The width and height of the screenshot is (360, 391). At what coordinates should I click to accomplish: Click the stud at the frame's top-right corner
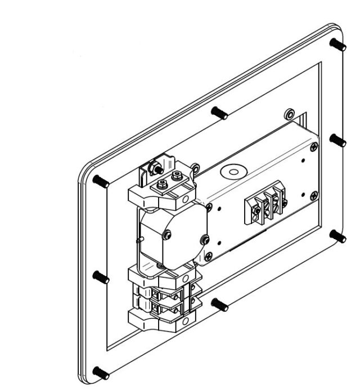point(338,44)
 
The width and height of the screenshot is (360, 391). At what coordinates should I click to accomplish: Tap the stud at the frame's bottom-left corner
point(101,372)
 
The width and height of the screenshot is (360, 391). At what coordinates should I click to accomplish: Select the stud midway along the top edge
point(220,113)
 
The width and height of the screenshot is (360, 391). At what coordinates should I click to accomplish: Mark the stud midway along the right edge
point(338,140)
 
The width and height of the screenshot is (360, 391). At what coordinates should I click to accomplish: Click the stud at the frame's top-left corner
point(101,181)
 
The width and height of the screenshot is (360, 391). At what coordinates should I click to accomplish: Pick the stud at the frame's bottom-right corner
point(339,236)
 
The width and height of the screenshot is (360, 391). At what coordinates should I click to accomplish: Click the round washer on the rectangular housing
point(231,170)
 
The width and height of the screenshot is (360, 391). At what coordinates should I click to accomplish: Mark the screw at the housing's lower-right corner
point(312,195)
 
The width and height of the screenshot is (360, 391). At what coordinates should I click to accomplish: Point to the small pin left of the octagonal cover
point(139,239)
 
